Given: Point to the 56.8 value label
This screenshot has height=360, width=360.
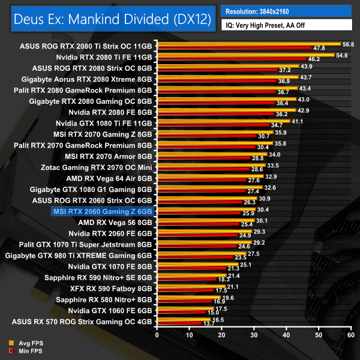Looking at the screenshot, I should pos(348,44).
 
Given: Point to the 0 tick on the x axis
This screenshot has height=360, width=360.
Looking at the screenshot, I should pos(157,335).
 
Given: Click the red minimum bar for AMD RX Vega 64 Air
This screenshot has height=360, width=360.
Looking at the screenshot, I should pos(202,180).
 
